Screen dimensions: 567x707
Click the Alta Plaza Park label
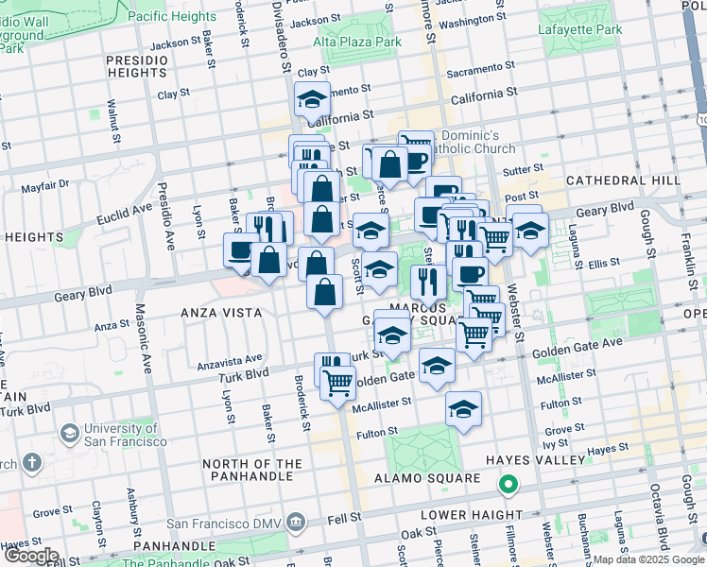click(x=357, y=42)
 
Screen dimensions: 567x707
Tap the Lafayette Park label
click(x=580, y=29)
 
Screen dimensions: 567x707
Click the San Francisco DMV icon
click(x=296, y=521)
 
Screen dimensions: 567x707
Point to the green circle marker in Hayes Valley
click(x=509, y=486)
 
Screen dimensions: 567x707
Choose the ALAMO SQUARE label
click(x=436, y=478)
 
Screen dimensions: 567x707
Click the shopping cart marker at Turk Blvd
click(x=337, y=383)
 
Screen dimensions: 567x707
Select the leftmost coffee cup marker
click(x=240, y=250)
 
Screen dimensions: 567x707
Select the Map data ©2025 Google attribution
click(x=647, y=559)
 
